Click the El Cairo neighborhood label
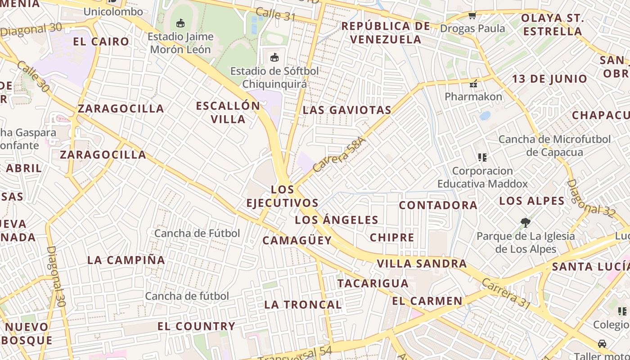click(x=101, y=41)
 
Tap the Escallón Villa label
click(x=228, y=112)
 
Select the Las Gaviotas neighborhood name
click(x=347, y=110)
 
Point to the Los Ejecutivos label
click(x=283, y=196)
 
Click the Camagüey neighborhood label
click(x=297, y=240)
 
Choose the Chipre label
click(x=392, y=237)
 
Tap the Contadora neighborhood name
click(x=438, y=205)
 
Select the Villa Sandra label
click(x=422, y=263)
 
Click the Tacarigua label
click(x=373, y=283)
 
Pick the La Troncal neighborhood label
click(x=303, y=304)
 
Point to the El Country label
click(x=196, y=326)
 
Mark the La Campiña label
click(x=126, y=260)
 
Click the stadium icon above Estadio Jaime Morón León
click(x=180, y=23)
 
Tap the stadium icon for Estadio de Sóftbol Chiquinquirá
click(x=274, y=57)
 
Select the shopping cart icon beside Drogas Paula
click(x=472, y=16)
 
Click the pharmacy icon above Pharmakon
click(x=473, y=83)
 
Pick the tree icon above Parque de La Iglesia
click(x=524, y=221)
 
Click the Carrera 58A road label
click(x=339, y=154)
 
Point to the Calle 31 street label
click(x=275, y=14)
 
